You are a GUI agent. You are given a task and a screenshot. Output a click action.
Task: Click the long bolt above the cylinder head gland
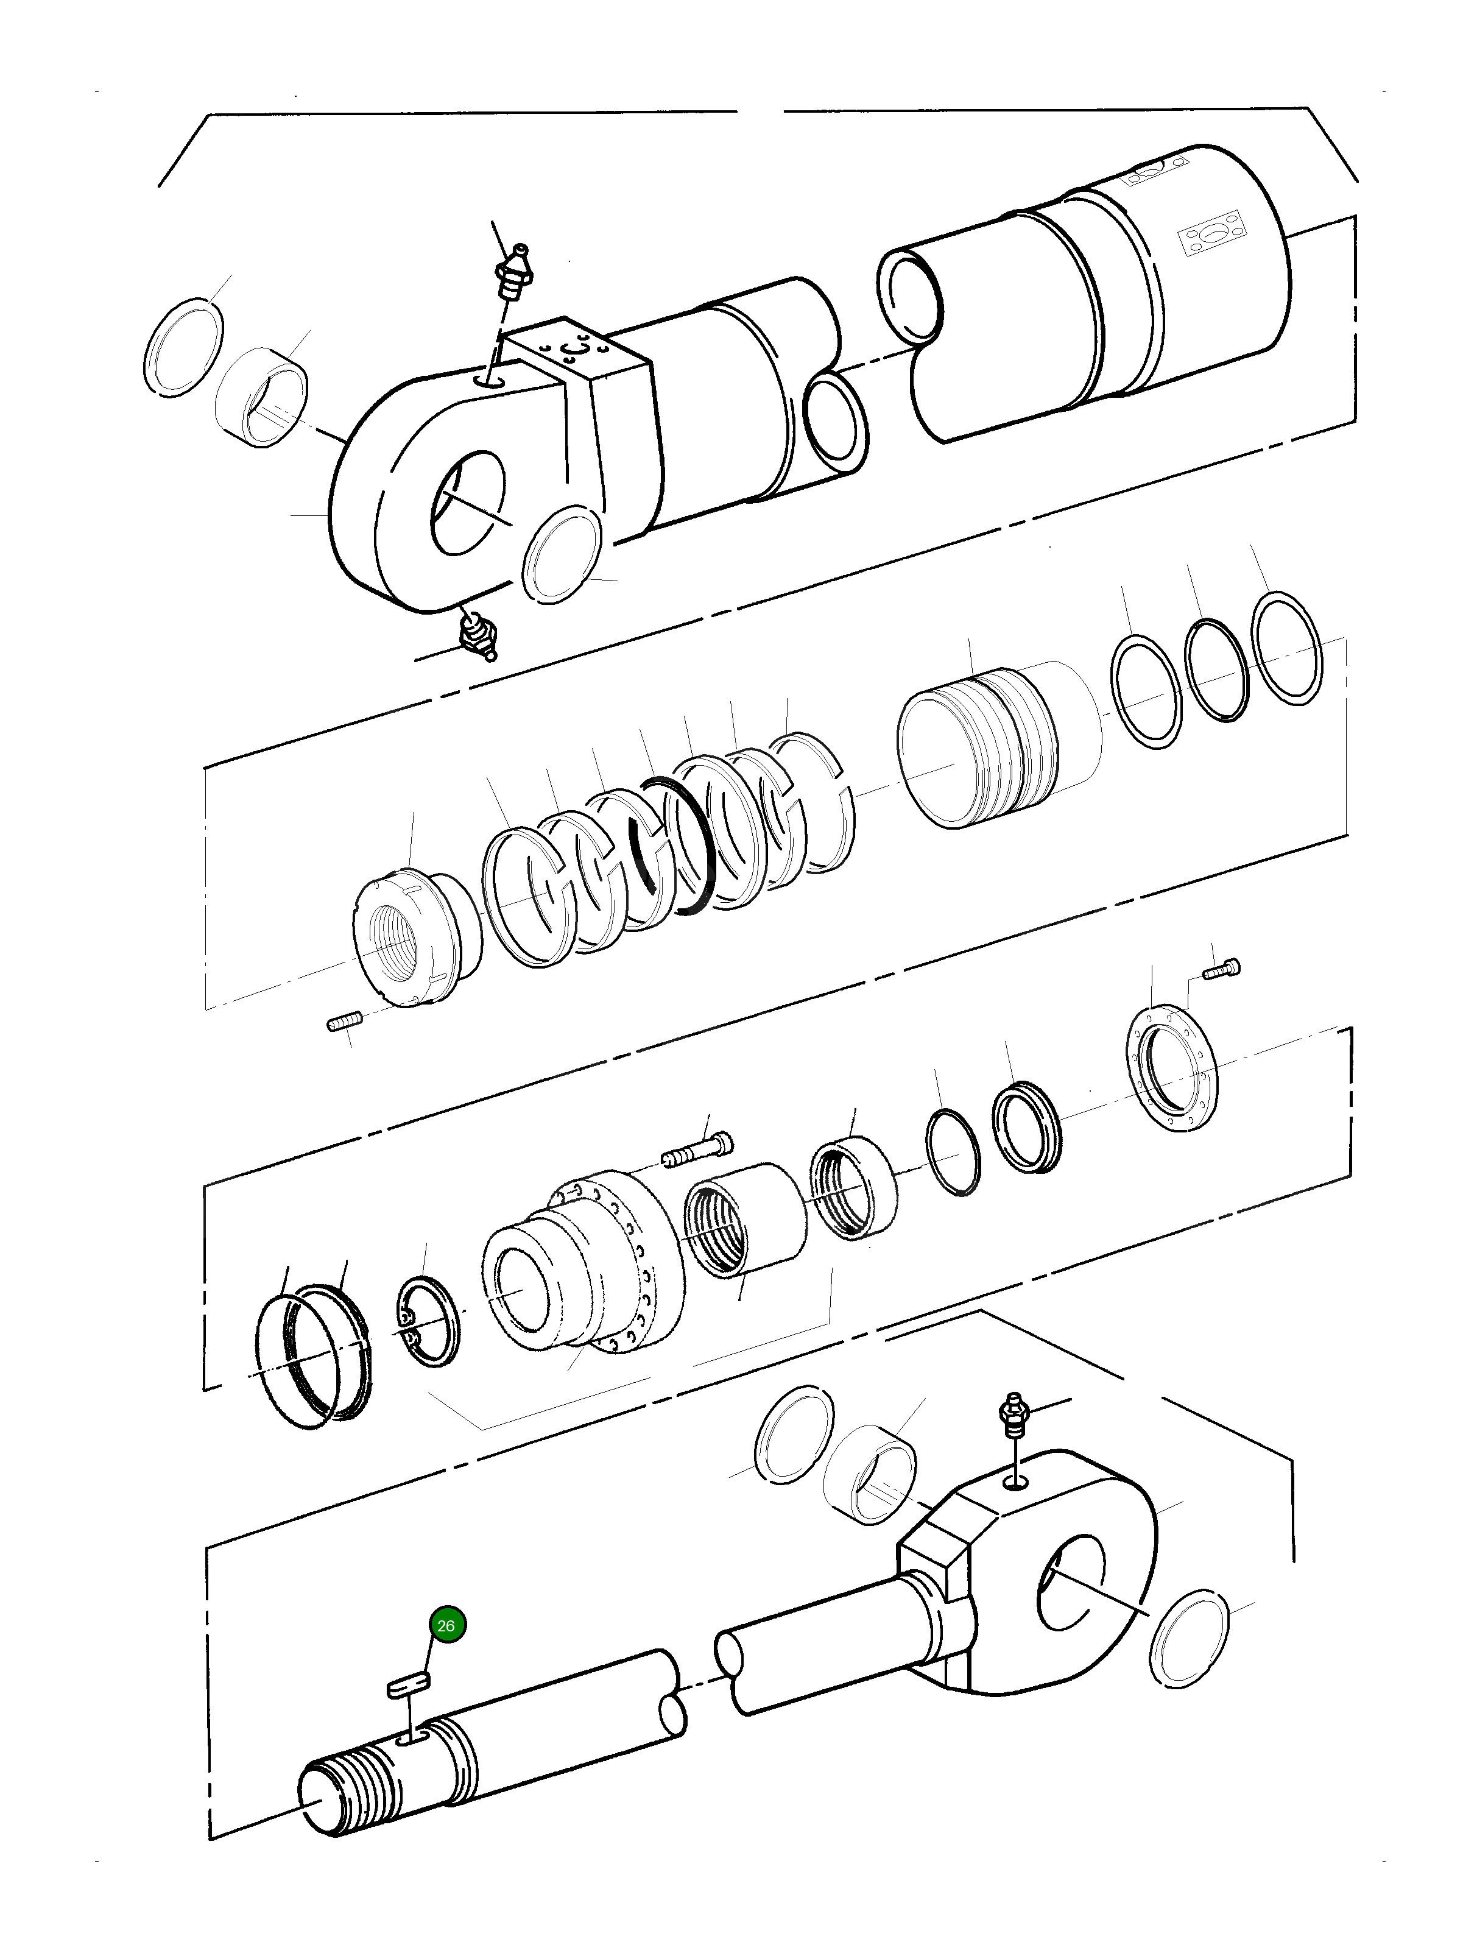[x=697, y=1152]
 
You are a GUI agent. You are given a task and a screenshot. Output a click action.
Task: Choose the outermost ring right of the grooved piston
[x=1286, y=649]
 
